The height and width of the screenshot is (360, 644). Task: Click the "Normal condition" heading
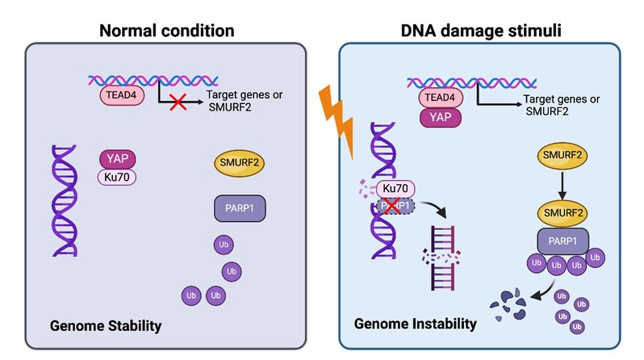(166, 32)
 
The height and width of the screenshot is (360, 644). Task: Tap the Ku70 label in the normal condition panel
(118, 178)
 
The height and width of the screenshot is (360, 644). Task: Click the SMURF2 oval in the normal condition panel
(240, 165)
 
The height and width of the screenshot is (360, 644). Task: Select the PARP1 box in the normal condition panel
(240, 208)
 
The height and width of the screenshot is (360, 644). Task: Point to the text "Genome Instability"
(416, 324)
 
